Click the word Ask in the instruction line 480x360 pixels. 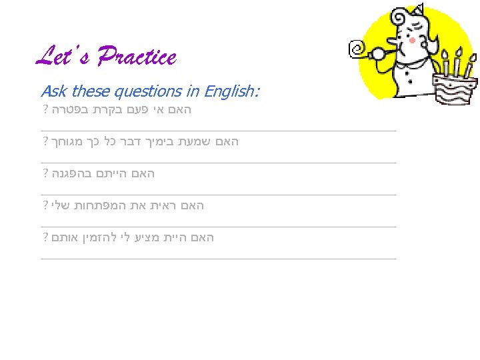[x=53, y=91]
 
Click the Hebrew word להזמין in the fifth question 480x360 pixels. [x=103, y=238]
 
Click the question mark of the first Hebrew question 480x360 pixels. [x=45, y=110]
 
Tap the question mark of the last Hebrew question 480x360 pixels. [x=45, y=238]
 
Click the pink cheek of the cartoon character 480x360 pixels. [x=412, y=40]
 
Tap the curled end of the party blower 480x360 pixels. [x=357, y=49]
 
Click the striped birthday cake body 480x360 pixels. [x=455, y=92]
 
